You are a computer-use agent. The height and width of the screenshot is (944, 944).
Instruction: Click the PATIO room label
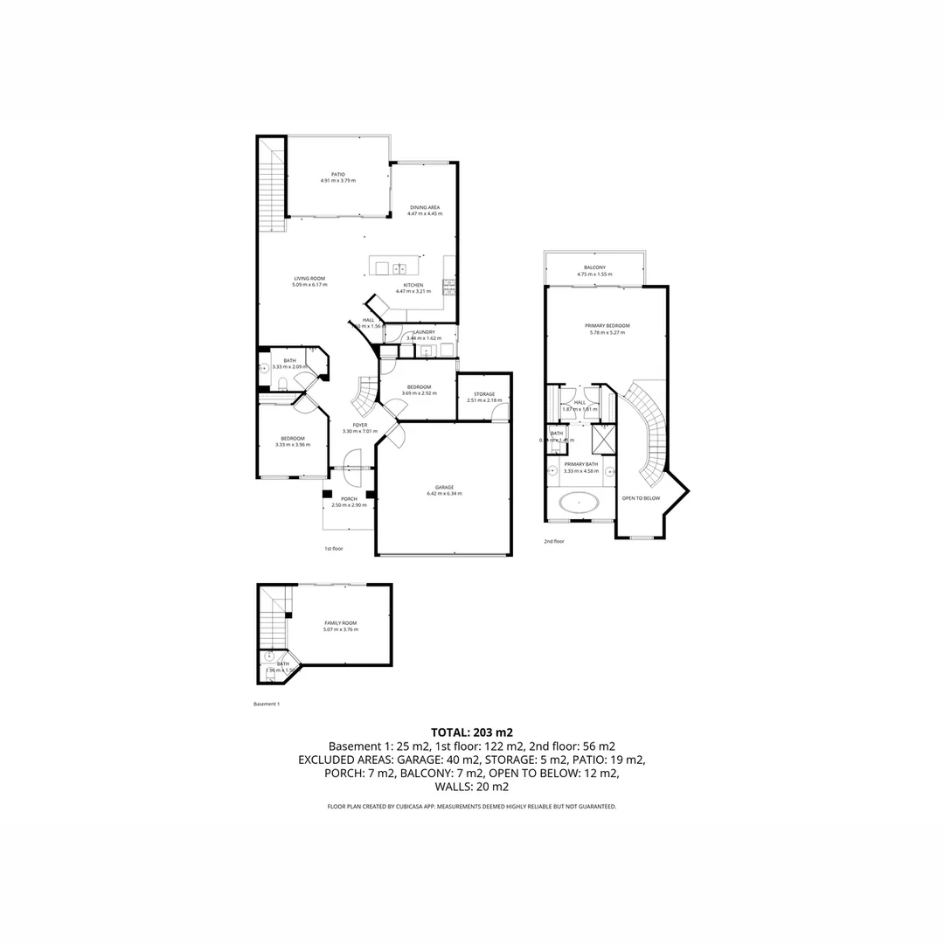coord(337,174)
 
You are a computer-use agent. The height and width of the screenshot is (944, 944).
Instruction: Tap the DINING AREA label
coord(425,208)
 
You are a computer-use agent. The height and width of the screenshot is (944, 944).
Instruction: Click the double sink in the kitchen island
coord(399,268)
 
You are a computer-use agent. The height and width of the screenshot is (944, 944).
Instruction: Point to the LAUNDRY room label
coord(424,332)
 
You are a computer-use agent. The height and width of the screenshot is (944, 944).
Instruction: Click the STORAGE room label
coord(483,394)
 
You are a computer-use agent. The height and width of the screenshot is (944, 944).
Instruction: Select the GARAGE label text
coord(444,488)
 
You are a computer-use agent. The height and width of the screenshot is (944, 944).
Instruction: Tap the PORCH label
coord(348,499)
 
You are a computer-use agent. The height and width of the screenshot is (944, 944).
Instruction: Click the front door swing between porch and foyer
coord(353,460)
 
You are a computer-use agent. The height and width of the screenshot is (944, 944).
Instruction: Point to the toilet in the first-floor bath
coord(282,382)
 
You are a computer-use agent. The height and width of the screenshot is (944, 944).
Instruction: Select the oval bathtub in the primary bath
coord(579,503)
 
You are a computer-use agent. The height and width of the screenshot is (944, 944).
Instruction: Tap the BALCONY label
coord(594,267)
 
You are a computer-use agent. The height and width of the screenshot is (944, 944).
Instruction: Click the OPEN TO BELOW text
coord(641,498)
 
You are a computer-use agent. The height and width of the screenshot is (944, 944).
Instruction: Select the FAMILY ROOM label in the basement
coord(340,623)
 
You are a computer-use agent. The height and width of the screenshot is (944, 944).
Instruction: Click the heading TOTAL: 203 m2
coord(472,732)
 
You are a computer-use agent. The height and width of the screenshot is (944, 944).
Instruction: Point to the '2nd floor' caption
coord(554,541)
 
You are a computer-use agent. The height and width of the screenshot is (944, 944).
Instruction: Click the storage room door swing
coord(499,413)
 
